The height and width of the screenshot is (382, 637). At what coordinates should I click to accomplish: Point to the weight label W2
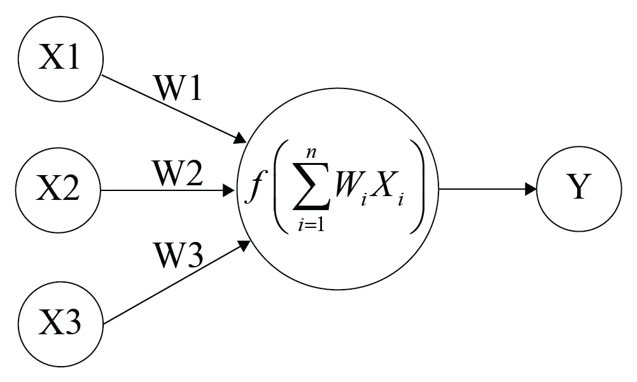178,173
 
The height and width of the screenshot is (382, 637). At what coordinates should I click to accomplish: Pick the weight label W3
178,255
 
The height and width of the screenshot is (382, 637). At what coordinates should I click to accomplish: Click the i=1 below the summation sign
311,225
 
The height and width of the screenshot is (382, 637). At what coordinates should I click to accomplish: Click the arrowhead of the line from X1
241,138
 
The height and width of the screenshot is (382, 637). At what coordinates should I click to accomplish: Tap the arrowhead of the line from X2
230,190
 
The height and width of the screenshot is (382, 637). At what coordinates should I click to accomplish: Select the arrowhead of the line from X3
244,245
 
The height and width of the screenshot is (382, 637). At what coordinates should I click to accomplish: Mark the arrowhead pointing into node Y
531,189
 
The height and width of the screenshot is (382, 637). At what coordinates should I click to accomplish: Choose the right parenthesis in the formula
420,187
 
